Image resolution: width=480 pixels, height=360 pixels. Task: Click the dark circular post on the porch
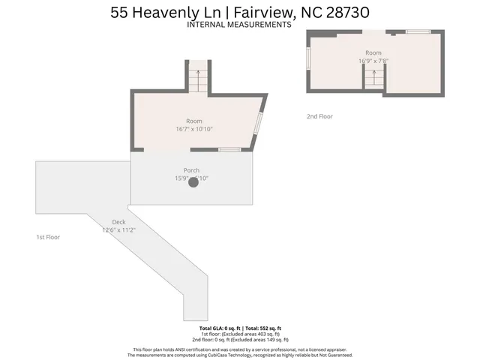[193, 181]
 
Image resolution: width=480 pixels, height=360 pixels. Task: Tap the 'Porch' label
[191, 171]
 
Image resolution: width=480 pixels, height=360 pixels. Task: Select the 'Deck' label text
[118, 222]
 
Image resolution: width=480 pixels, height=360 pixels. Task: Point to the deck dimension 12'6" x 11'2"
[118, 229]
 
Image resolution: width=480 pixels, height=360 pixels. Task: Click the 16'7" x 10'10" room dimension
[194, 129]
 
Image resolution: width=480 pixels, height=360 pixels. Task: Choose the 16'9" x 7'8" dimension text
[373, 61]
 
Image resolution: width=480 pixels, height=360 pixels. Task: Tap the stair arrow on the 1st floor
[198, 77]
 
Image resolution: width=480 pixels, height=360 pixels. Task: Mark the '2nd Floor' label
[319, 116]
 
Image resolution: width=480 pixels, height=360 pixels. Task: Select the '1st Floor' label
[48, 237]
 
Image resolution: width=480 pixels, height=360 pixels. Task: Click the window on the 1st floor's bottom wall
[229, 150]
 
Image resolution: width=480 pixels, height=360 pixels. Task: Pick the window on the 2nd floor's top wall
[417, 31]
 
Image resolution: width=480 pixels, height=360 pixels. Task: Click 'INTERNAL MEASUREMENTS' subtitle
[239, 24]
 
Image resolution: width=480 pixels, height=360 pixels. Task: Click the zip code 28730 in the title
[342, 12]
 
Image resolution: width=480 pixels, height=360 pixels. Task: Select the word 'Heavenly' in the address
[163, 12]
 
